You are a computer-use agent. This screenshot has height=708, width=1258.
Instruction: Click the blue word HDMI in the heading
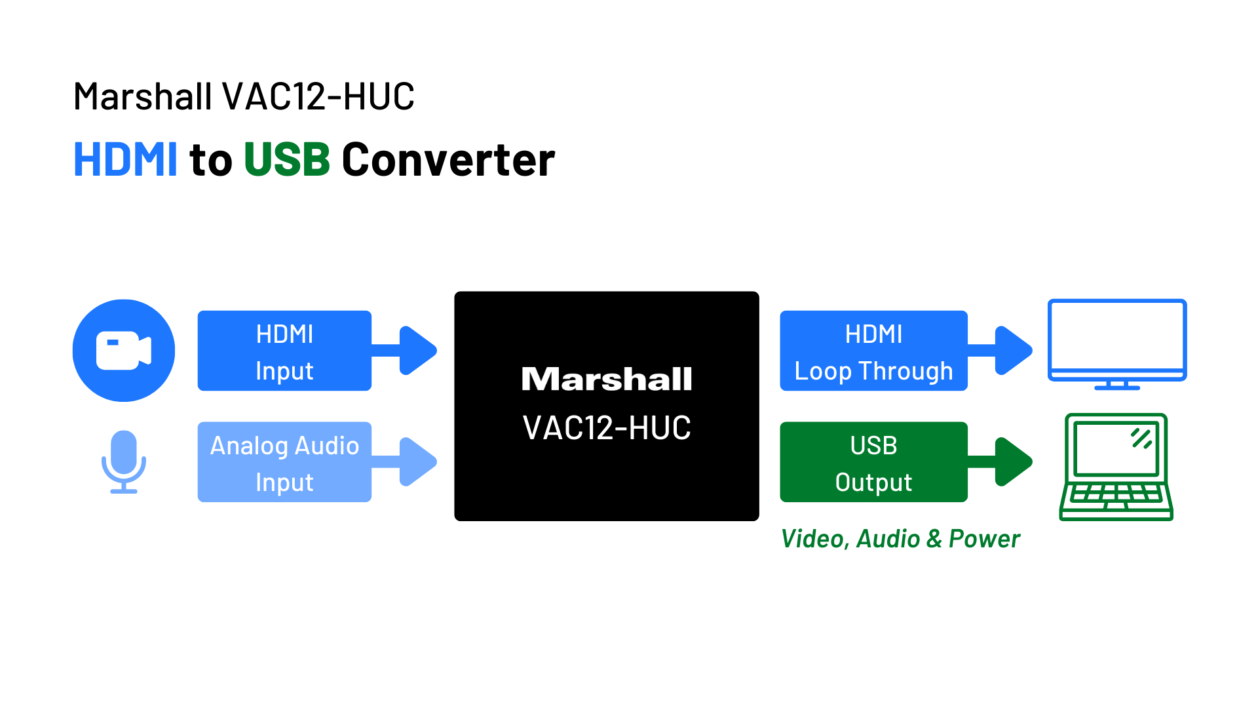click(x=125, y=159)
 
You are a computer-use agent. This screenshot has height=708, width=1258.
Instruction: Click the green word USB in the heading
click(x=287, y=159)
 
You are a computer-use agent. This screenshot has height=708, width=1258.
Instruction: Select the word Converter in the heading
click(x=448, y=159)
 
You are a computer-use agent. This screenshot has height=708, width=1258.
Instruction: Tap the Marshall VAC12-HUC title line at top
click(x=244, y=96)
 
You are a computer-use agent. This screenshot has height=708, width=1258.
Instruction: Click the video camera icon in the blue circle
click(x=124, y=351)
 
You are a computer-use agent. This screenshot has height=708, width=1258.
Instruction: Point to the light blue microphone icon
click(x=124, y=462)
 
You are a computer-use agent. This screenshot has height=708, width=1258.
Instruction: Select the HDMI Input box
click(x=284, y=351)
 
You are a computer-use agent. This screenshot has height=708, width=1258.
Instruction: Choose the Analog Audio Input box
click(x=284, y=462)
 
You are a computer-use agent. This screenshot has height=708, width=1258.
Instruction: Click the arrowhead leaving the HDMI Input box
click(x=418, y=351)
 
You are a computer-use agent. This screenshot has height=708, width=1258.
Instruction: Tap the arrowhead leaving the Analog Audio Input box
click(x=418, y=462)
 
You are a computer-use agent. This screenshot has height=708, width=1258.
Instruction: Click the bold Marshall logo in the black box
click(x=607, y=379)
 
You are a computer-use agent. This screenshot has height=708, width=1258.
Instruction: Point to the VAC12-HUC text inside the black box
click(x=607, y=428)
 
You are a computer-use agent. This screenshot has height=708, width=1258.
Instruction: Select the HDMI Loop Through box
click(x=873, y=351)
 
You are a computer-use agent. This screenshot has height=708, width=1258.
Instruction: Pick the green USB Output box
click(x=873, y=462)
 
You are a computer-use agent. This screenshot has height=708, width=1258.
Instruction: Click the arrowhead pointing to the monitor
click(x=1014, y=351)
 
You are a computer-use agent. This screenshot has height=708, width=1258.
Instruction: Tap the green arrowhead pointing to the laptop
click(x=1014, y=462)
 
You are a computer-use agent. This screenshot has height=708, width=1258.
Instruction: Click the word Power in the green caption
click(x=984, y=539)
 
